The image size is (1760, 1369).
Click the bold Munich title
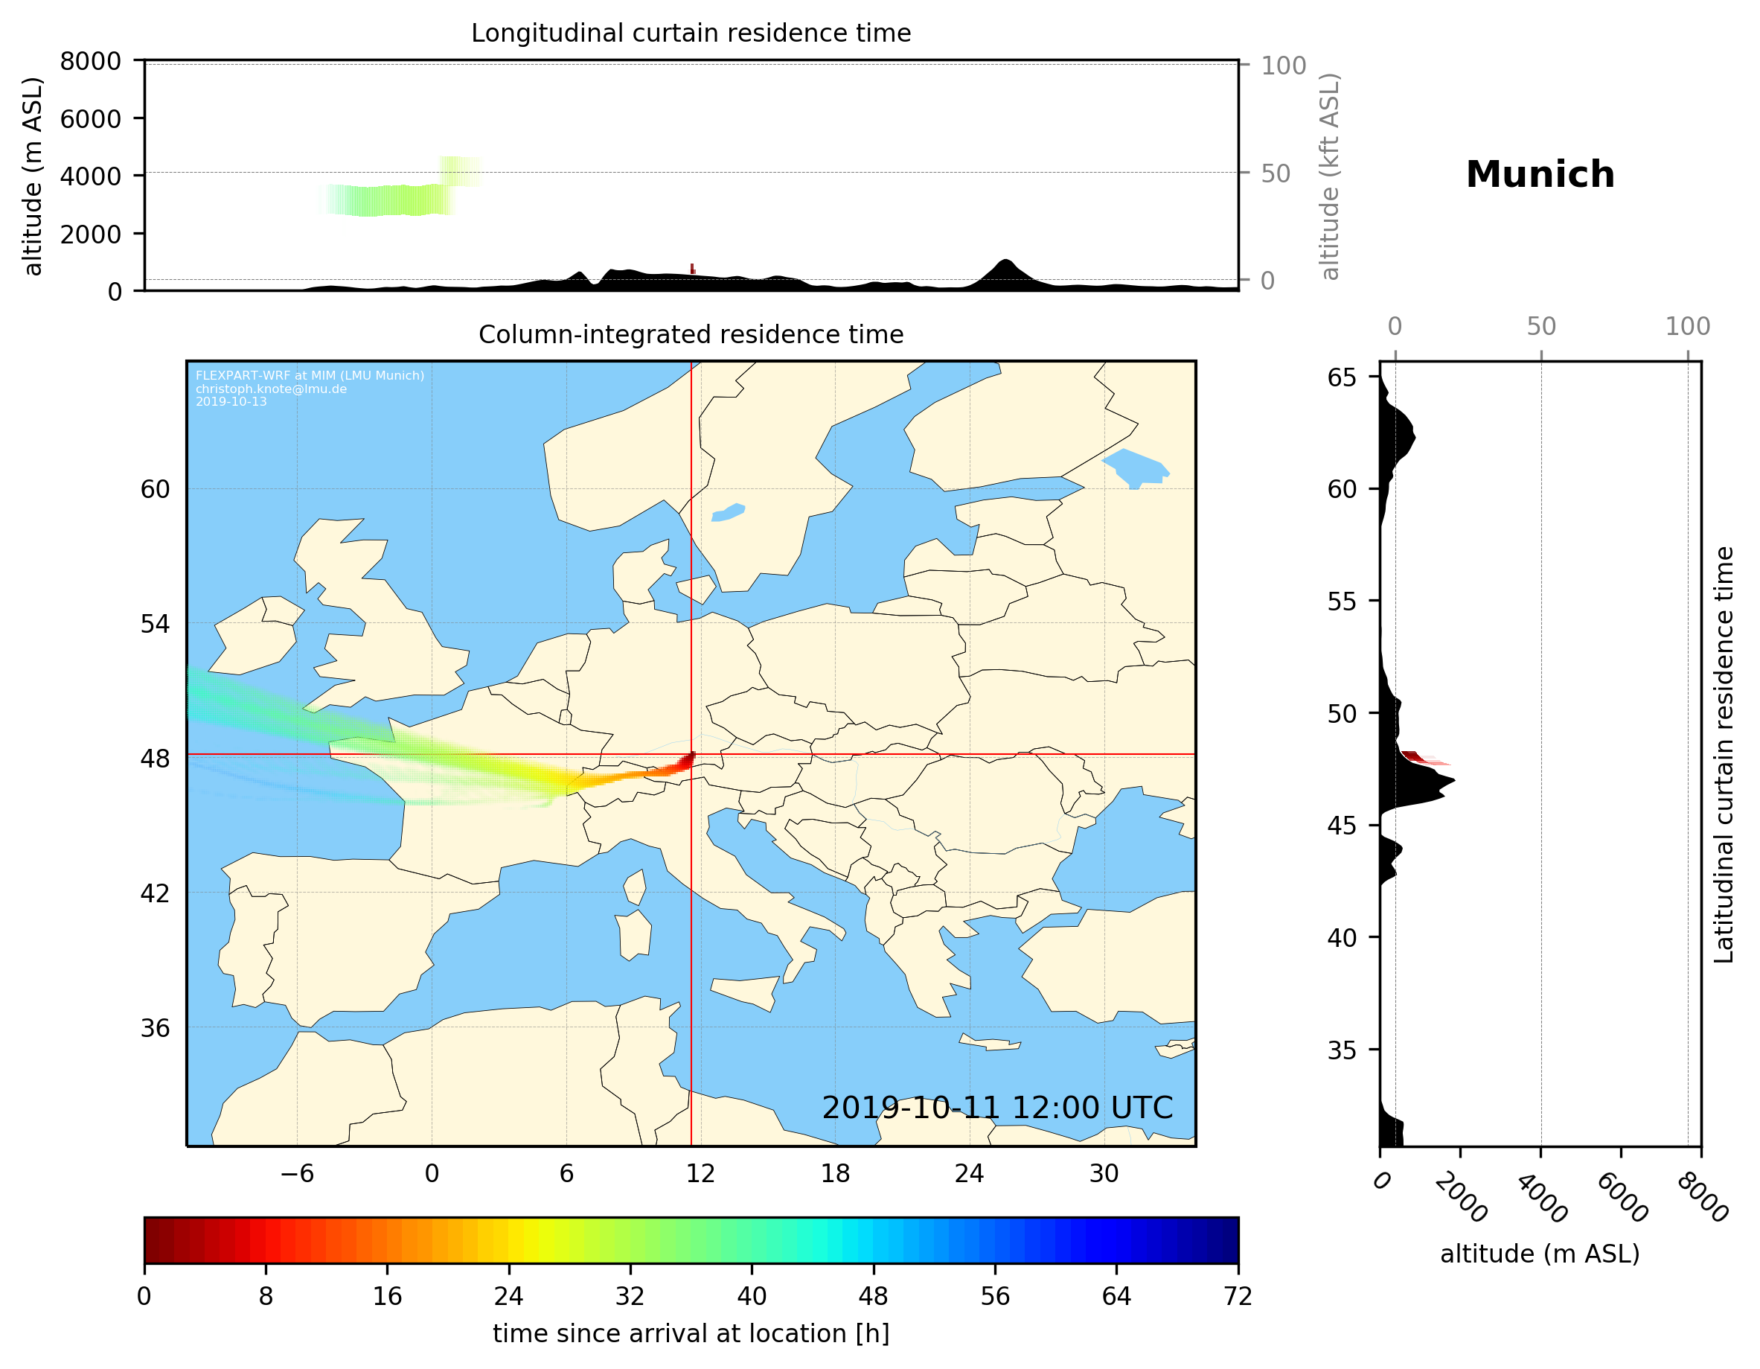pyautogui.click(x=1540, y=175)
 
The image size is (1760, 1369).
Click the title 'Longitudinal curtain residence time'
pyautogui.click(x=691, y=33)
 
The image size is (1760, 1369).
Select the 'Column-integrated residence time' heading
pyautogui.click(x=691, y=334)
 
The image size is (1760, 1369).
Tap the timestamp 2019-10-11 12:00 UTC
pyautogui.click(x=997, y=1108)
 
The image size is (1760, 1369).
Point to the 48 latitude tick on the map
pyautogui.click(x=155, y=759)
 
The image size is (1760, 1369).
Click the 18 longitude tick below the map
pyautogui.click(x=835, y=1173)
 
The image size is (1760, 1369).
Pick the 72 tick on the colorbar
pyautogui.click(x=1238, y=1297)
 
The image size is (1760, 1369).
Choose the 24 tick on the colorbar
pyautogui.click(x=508, y=1297)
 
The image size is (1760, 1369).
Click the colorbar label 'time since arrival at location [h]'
pyautogui.click(x=691, y=1333)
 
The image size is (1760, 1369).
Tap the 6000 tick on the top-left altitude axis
pyautogui.click(x=90, y=118)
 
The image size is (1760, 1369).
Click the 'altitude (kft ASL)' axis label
pyautogui.click(x=1330, y=176)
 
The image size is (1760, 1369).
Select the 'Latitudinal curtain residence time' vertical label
pyautogui.click(x=1724, y=754)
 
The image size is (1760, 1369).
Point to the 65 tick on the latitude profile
pyautogui.click(x=1342, y=377)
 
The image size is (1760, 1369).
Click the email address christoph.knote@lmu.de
pyautogui.click(x=271, y=389)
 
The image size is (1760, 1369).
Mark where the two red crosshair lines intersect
pyautogui.click(x=691, y=755)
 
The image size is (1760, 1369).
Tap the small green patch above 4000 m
pyautogui.click(x=460, y=171)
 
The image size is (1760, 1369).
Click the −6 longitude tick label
pyautogui.click(x=296, y=1173)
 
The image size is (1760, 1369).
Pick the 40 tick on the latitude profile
pyautogui.click(x=1342, y=938)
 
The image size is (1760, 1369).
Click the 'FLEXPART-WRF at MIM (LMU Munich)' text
pyautogui.click(x=310, y=376)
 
